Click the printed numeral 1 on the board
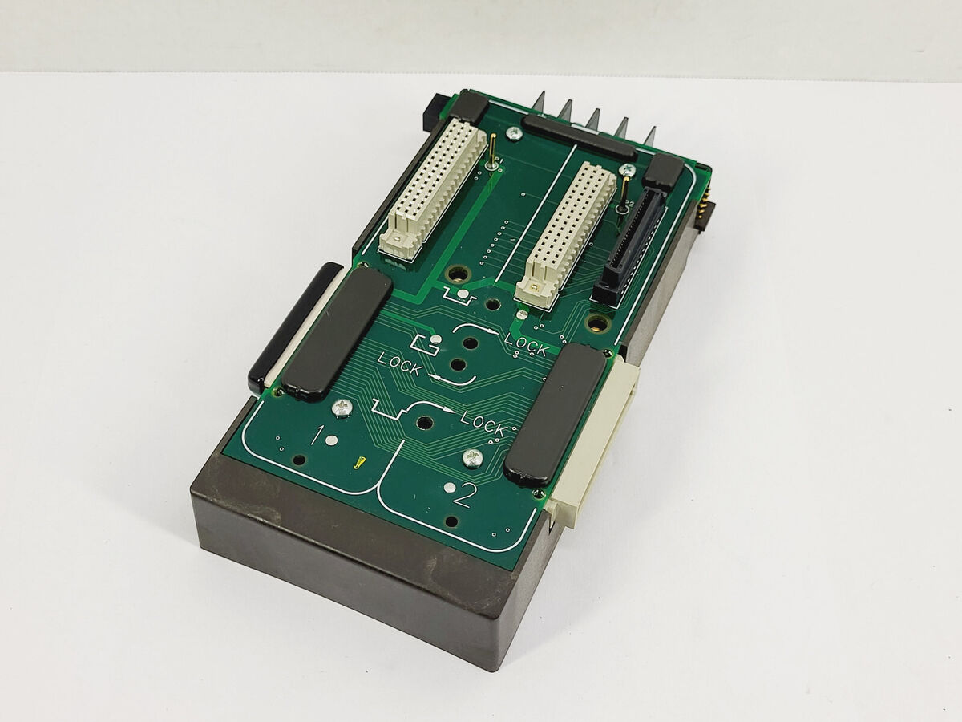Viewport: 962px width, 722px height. point(317,436)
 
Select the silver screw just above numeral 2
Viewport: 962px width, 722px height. point(473,458)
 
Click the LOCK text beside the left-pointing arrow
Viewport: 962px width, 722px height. point(398,365)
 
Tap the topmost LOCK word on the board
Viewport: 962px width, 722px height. point(526,344)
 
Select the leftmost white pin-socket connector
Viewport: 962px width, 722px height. point(434,191)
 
